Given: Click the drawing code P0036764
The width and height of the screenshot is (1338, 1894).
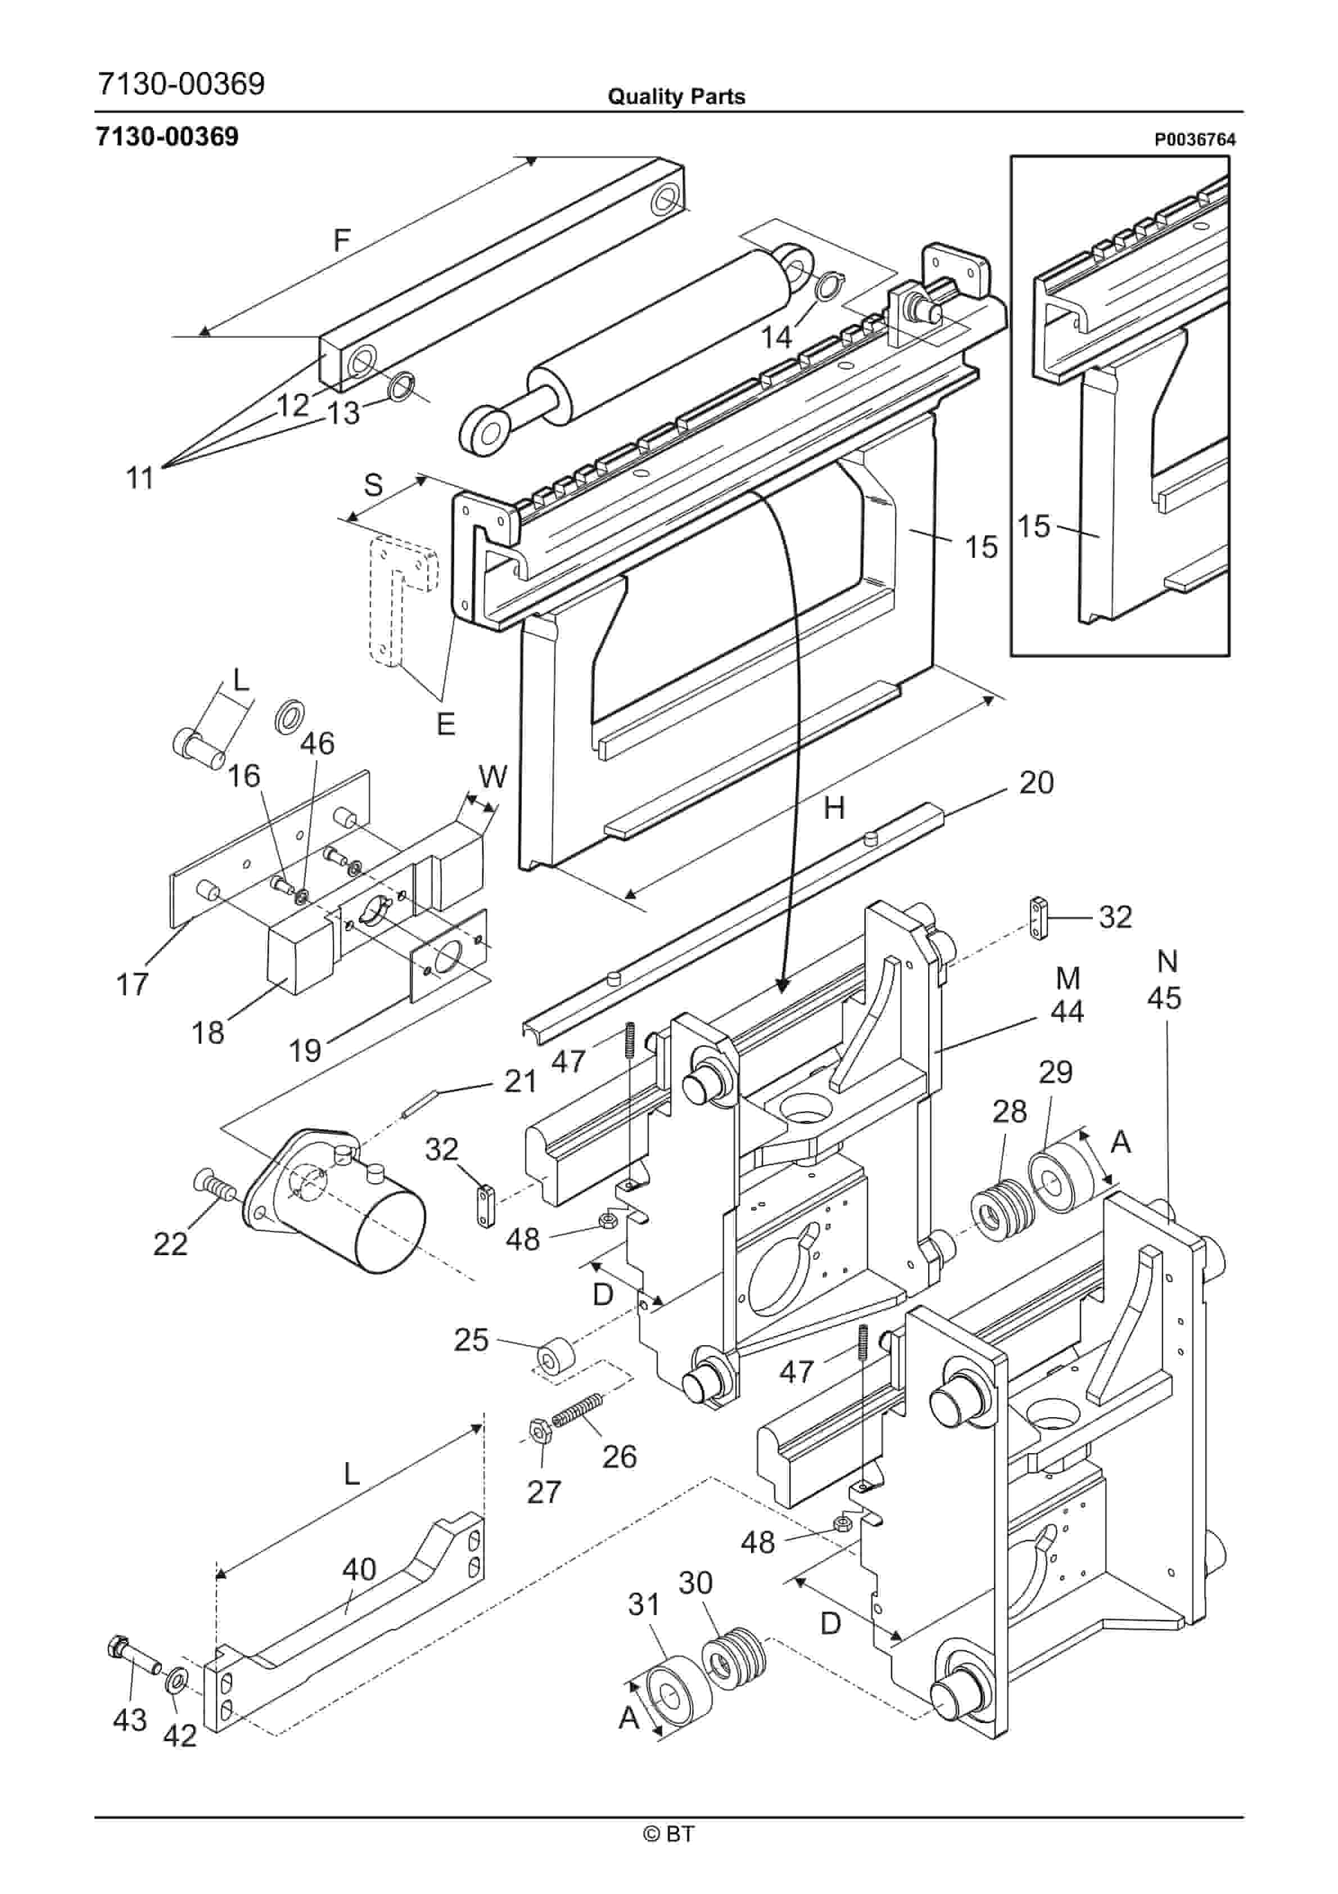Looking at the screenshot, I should (1195, 140).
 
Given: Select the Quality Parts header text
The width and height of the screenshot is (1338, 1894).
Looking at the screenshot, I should (676, 97).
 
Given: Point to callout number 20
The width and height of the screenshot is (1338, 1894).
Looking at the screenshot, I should (1036, 782).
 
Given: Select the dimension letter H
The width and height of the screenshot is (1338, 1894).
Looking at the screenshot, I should (834, 809).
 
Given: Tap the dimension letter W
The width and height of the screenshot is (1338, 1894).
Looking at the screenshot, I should (492, 776).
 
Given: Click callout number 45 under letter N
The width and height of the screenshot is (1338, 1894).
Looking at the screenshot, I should (1164, 998).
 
